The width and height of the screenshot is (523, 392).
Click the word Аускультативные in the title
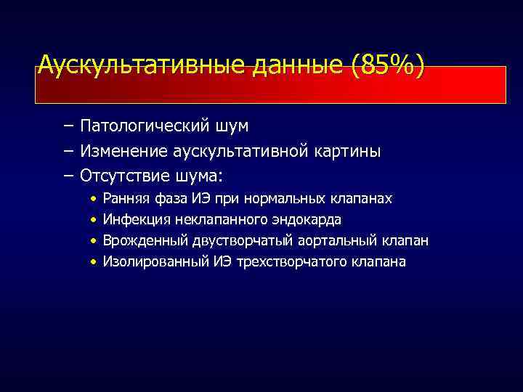pyautogui.click(x=142, y=66)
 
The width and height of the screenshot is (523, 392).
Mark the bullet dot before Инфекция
pyautogui.click(x=94, y=220)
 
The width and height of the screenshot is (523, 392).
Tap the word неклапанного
pyautogui.click(x=216, y=220)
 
